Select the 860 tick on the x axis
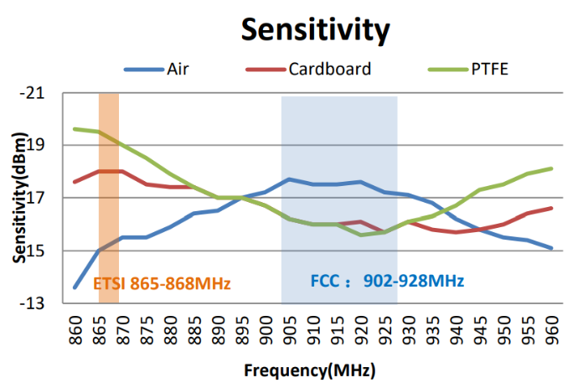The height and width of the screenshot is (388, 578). coord(75,329)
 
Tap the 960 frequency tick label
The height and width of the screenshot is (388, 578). coord(553,329)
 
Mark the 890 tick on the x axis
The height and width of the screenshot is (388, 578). coord(219,329)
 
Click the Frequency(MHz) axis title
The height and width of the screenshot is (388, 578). coord(309,370)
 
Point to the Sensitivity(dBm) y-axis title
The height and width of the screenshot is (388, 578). coord(18,199)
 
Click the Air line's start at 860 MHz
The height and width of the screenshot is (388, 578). coord(75,287)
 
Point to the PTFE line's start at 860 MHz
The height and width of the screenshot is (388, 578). coord(75,129)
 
